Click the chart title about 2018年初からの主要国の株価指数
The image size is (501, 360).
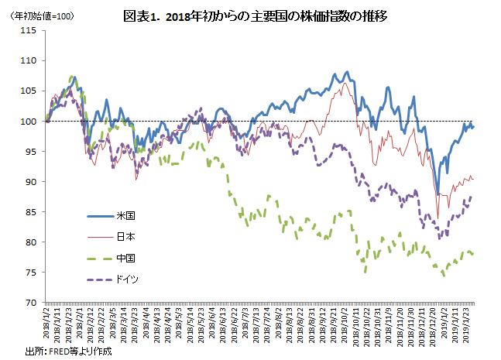click(x=255, y=15)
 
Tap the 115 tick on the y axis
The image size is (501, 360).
click(x=29, y=30)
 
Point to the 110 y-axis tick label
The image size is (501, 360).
click(x=29, y=60)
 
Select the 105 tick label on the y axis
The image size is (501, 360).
click(x=29, y=91)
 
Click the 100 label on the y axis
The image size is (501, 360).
click(x=29, y=121)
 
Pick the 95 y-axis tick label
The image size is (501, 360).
click(x=31, y=151)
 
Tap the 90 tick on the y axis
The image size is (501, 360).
click(x=31, y=181)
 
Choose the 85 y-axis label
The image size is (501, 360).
click(x=31, y=211)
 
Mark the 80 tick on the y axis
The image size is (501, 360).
click(x=31, y=242)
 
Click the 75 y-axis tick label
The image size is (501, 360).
click(x=31, y=272)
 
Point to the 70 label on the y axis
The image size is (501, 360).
click(x=31, y=302)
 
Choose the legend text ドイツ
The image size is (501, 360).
click(x=128, y=279)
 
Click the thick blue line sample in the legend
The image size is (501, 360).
click(x=98, y=214)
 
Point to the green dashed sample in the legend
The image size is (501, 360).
click(x=98, y=258)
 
